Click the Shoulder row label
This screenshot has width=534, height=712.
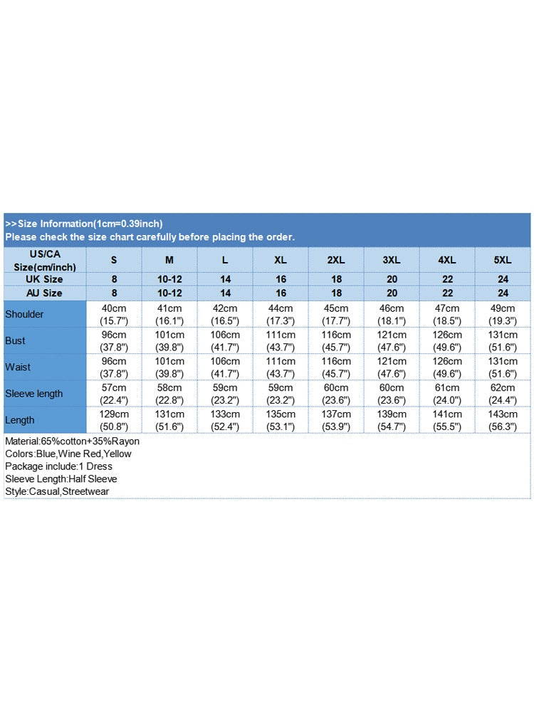coord(24,314)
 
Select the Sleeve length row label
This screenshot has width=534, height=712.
coord(34,394)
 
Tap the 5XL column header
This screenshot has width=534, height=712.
coord(503,260)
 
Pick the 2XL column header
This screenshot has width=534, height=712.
coord(336,260)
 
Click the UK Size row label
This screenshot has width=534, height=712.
coord(44,279)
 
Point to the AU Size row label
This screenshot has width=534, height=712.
coord(44,293)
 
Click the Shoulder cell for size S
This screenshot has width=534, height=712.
coord(114,314)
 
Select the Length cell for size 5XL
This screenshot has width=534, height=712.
coord(503,420)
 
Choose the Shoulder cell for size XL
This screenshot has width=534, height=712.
coord(281,314)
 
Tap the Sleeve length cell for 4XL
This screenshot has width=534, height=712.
coord(447,394)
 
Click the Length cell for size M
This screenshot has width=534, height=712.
coord(169,420)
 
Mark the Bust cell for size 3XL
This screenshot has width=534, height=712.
coord(392,340)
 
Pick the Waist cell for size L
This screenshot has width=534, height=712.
coord(225,367)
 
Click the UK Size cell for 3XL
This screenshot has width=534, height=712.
coord(392,279)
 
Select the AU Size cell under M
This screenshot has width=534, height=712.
coord(169,293)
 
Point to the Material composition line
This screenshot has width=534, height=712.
coord(72,441)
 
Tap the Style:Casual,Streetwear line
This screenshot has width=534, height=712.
coord(57,491)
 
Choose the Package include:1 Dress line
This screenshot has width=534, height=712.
coord(58,466)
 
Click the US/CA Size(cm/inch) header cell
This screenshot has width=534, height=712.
coord(45,260)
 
